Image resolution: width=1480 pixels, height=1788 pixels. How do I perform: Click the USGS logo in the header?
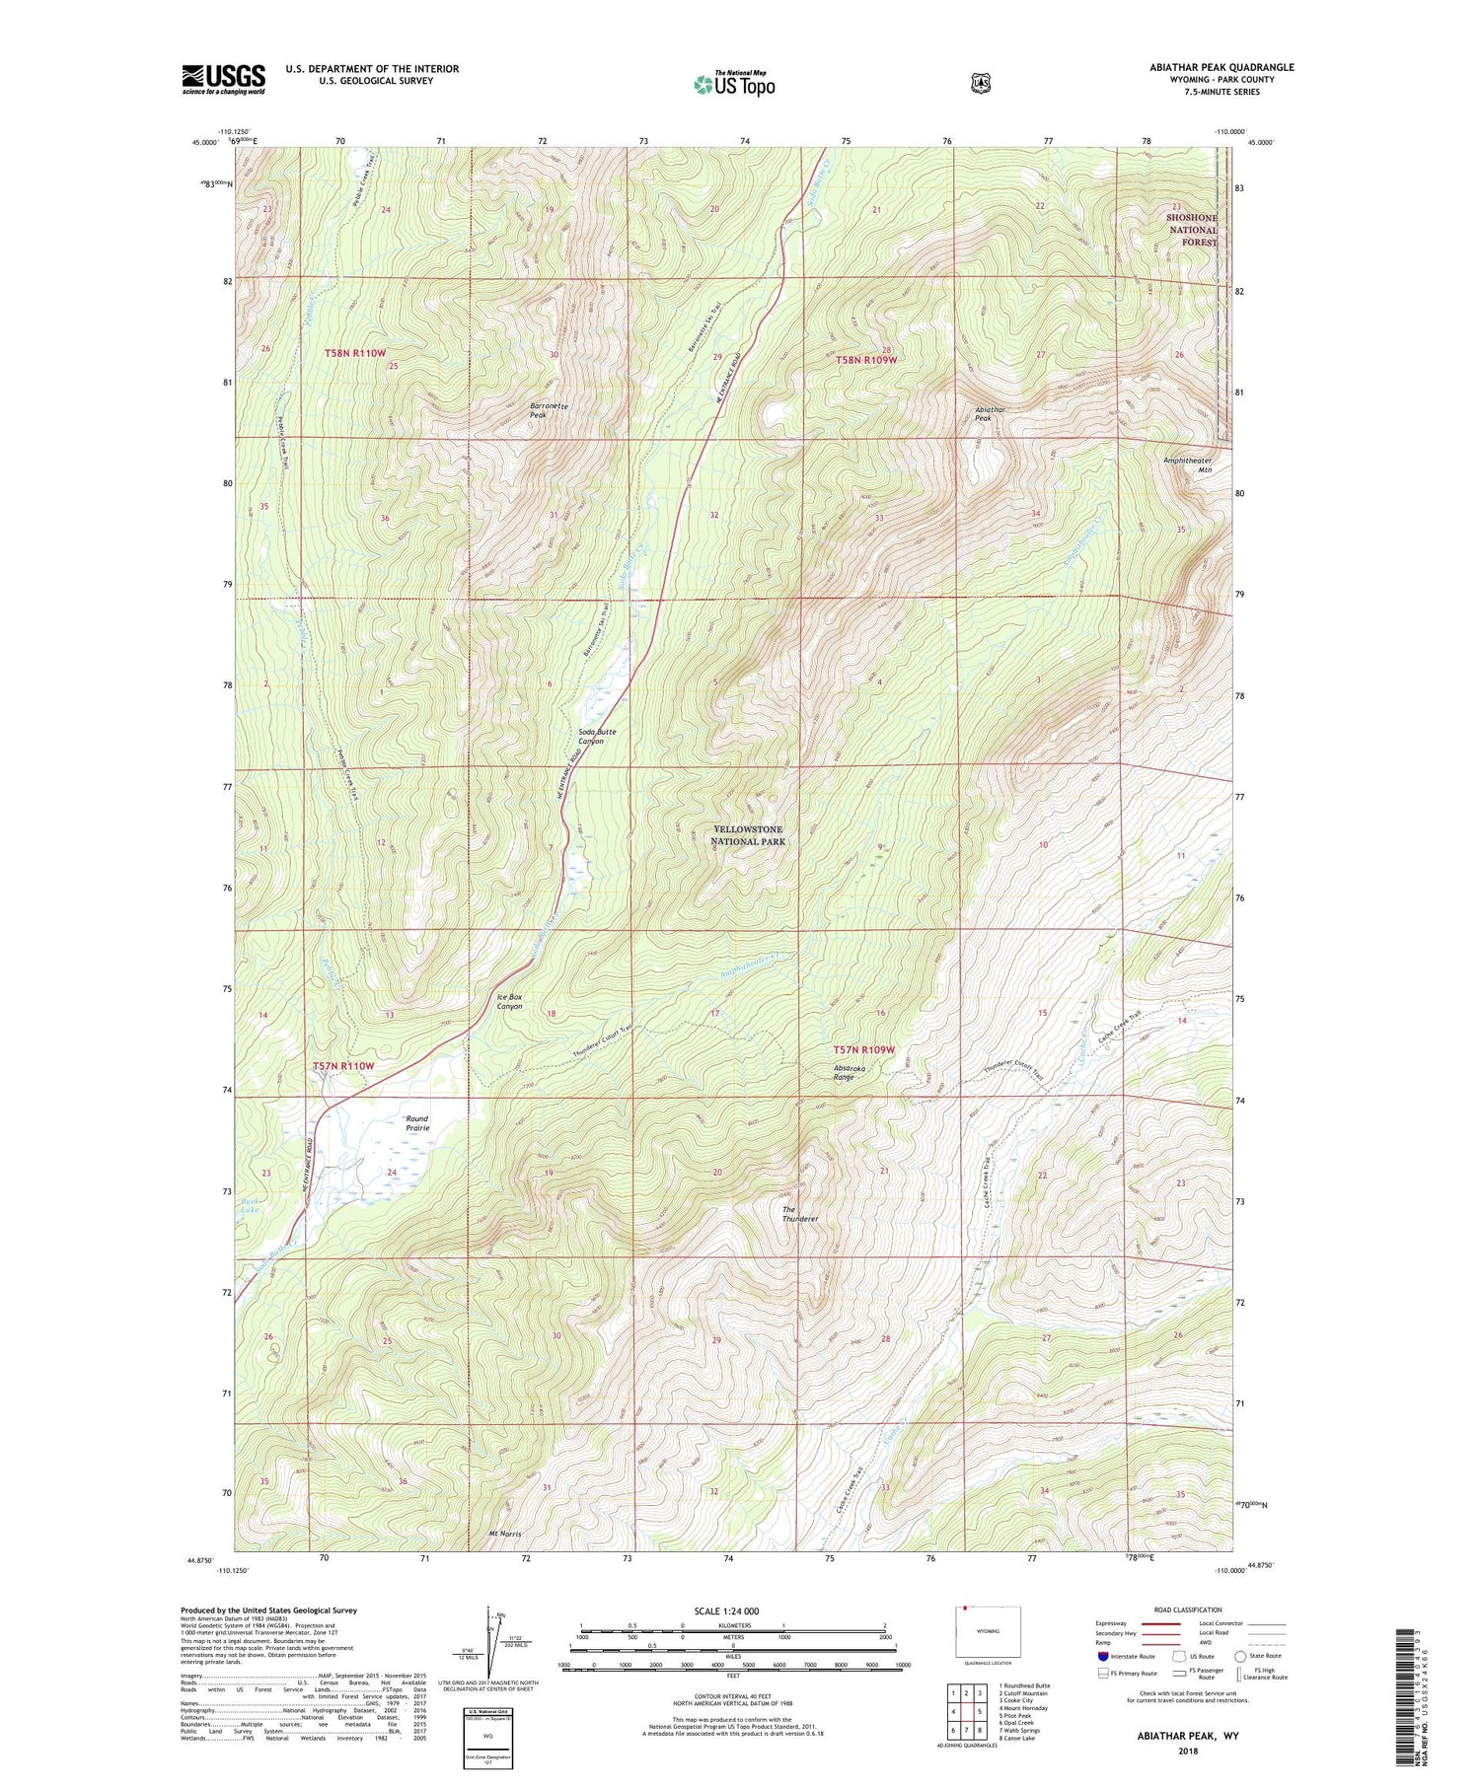click(223, 79)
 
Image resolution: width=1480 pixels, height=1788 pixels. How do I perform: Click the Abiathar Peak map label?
click(990, 413)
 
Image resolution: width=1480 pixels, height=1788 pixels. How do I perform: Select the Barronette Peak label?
click(551, 410)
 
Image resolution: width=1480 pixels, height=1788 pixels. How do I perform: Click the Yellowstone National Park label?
click(749, 835)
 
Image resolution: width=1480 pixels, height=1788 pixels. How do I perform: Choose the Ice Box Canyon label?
click(509, 1001)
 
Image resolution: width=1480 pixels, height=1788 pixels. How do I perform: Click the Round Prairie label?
click(417, 1123)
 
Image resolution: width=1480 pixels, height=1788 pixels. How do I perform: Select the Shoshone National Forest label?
click(1192, 230)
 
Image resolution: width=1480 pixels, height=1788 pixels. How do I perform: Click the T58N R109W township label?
click(867, 360)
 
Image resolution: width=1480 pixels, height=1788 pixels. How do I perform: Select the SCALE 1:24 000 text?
click(726, 1610)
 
